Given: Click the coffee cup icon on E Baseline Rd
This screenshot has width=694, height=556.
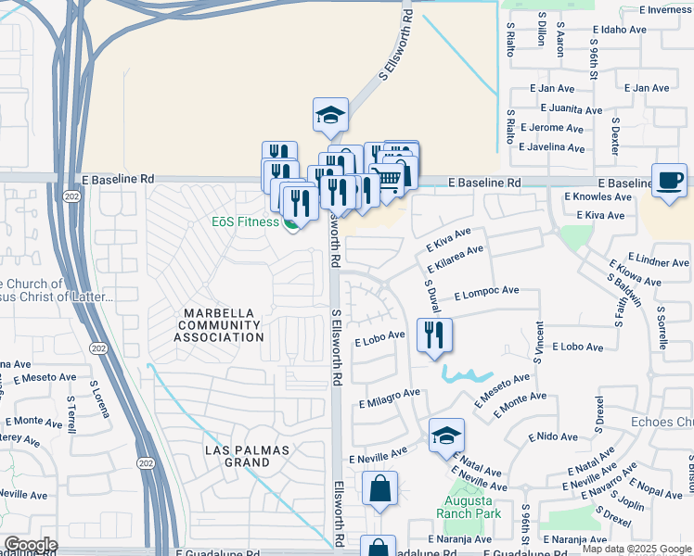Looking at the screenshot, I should coord(669,179).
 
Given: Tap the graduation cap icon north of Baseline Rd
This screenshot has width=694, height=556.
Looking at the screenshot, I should coord(330,115).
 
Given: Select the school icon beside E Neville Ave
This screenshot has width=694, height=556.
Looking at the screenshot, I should coord(446,436).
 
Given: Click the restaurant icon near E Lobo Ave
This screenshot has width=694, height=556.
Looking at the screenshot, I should coord(434,335).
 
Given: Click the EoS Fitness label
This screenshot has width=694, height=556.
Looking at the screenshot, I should coord(245,221).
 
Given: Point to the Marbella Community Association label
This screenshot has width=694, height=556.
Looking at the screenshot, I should coord(220,324).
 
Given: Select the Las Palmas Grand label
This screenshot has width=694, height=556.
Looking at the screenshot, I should coord(248,456).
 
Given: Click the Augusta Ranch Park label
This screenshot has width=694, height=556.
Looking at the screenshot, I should coord(469,507).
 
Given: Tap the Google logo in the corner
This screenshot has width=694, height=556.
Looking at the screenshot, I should coord(31,545).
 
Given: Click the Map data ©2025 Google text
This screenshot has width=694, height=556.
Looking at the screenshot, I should coord(636,549).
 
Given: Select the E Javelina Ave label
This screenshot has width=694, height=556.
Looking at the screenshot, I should coord(552,147).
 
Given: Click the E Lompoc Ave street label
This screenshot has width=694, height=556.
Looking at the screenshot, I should coord(486,291).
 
